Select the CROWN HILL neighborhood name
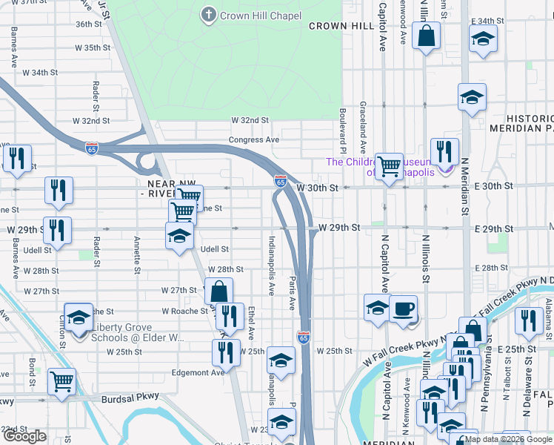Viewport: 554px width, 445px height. [341, 26]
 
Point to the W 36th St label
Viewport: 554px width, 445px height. [88, 24]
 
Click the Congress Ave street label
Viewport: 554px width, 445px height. [254, 139]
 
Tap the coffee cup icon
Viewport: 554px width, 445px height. [403, 309]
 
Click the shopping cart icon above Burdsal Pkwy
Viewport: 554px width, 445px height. [62, 382]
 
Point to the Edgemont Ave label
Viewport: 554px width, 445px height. [198, 372]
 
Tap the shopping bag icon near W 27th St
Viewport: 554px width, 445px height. [218, 291]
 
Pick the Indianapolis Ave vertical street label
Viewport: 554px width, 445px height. [272, 263]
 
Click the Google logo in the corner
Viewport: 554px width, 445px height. [25, 437]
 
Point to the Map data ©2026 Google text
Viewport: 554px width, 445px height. [507, 439]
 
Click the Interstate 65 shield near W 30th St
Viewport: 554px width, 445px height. [280, 180]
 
